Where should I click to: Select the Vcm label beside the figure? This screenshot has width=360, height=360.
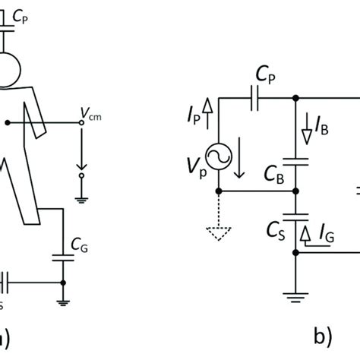tap(90, 113)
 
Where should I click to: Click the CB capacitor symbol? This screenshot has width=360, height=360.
tap(295, 161)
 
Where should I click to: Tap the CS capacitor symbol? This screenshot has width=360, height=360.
tap(295, 215)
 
